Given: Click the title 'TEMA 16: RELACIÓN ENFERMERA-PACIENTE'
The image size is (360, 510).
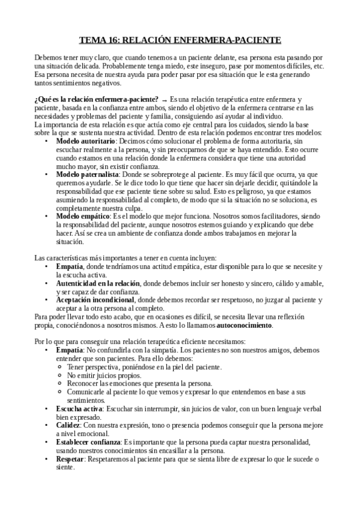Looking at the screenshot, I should [x=180, y=40].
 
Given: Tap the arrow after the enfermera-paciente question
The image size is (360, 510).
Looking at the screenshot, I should [x=164, y=99].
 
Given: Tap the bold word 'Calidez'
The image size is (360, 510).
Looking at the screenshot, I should [x=68, y=425].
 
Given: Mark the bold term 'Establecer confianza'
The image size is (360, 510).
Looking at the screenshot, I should [x=88, y=442].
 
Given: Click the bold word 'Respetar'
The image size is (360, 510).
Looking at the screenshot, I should [x=70, y=459].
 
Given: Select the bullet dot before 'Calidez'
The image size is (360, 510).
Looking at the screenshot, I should [x=47, y=426].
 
